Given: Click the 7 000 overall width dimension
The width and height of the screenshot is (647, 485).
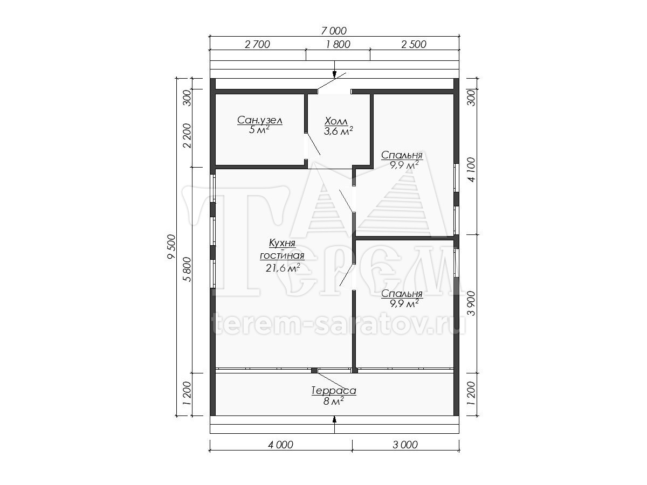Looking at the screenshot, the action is tap(333, 30).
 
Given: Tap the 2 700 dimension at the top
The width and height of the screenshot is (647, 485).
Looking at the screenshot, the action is tap(257, 44).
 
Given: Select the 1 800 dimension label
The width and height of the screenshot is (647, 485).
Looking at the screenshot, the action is tap(338, 44).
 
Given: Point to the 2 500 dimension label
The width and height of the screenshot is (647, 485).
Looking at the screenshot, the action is tap(414, 44).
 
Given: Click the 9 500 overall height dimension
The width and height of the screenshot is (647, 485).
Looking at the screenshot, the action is tap(171, 246).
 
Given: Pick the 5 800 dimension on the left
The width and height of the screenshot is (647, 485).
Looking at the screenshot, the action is tap(187, 269).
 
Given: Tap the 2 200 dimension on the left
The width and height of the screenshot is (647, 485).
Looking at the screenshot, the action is tap(187, 135).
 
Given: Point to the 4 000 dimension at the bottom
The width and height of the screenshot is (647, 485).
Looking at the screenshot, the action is tap(280, 445).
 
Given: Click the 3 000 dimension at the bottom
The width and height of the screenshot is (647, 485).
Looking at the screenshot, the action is tap(405, 445).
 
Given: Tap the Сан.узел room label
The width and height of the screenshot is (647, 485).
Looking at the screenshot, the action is tap(260, 120).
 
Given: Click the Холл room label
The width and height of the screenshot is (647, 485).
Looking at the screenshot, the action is tap(336, 121).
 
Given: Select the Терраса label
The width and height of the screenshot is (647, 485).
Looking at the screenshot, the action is tap(334, 391).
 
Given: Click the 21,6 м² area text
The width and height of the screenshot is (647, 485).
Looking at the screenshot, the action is tap(283, 268).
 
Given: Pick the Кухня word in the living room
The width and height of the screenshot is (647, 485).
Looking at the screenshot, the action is tap(282, 243).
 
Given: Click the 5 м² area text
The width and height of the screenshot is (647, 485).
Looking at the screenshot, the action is tap(259, 130).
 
